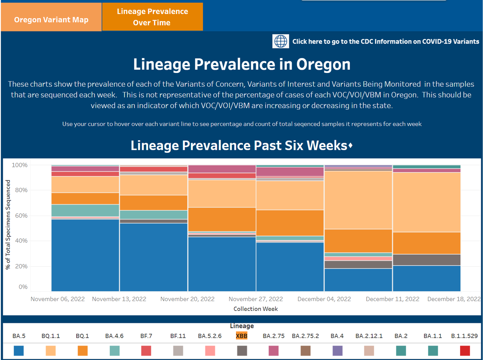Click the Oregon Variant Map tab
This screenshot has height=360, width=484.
pos(51,20)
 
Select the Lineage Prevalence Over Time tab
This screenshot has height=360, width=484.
pos(152,17)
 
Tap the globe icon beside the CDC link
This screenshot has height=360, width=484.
pos(281,41)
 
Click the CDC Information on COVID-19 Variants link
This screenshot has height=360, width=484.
pos(386,41)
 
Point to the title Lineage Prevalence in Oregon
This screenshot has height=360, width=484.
pos(242,65)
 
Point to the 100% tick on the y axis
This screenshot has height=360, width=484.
pos(19,165)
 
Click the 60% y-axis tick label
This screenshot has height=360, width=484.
pos(21,216)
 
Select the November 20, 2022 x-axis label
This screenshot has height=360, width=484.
pos(187,299)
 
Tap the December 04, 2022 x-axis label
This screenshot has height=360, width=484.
pos(324,299)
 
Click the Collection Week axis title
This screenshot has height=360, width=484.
pos(255,309)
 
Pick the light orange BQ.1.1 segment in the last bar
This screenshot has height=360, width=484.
pos(426,202)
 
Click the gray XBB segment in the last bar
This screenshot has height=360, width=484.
pos(426,260)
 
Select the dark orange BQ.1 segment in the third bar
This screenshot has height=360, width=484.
pos(221,219)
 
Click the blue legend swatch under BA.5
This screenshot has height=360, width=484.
pos(19,350)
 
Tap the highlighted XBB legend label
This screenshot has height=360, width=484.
pos(242,336)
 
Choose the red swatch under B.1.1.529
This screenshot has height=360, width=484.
pos(465,350)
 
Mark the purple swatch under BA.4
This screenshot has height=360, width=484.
pos(337,350)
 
